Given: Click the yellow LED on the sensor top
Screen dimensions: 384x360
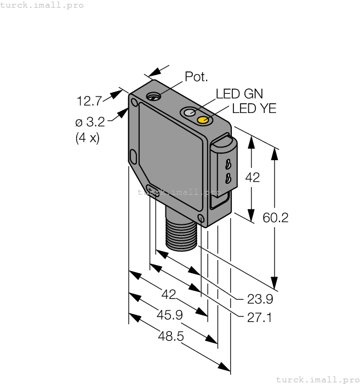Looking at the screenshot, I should point(203,120).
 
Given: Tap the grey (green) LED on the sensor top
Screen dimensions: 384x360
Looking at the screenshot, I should point(190,112).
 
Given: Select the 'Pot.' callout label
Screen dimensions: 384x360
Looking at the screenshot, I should point(196,77).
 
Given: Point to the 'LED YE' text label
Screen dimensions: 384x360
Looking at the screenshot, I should point(254,109).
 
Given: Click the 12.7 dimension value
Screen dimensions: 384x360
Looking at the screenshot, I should point(89,101).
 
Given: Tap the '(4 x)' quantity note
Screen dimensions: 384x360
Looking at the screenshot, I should point(87,137).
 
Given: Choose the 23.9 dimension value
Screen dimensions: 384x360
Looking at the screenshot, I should point(260,300).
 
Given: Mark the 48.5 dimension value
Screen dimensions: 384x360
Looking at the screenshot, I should point(170,336).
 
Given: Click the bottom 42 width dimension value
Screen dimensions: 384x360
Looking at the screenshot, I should point(169,295).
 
